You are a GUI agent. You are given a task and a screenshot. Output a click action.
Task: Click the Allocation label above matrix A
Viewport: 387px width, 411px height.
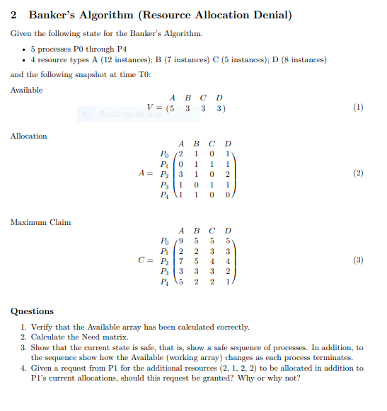click(28, 136)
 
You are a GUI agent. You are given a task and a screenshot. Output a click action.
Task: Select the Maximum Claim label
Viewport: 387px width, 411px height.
click(40, 222)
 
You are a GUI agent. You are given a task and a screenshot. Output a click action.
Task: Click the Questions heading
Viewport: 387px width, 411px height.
click(32, 311)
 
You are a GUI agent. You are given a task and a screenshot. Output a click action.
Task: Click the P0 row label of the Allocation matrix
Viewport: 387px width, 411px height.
click(165, 153)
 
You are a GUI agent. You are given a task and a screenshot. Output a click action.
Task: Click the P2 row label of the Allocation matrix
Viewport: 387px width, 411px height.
click(165, 173)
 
